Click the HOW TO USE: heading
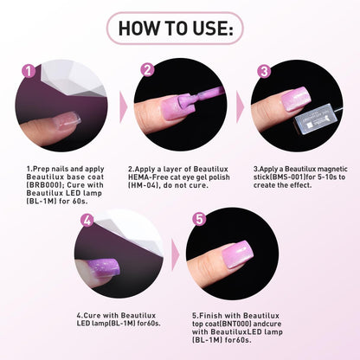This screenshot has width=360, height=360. point(176,29)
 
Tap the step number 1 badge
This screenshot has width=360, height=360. point(29,71)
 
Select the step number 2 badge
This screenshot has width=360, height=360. point(147,69)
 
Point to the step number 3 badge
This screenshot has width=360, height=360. point(264,71)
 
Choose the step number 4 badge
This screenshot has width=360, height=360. point(87,221)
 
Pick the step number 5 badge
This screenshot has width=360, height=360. point(200,219)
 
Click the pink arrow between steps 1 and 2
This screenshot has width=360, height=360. point(124,107)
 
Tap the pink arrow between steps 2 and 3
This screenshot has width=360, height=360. point(240,107)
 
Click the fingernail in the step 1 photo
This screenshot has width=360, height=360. point(68,120)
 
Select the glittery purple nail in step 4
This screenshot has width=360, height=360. point(104,267)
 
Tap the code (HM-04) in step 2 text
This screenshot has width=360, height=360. point(144,185)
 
